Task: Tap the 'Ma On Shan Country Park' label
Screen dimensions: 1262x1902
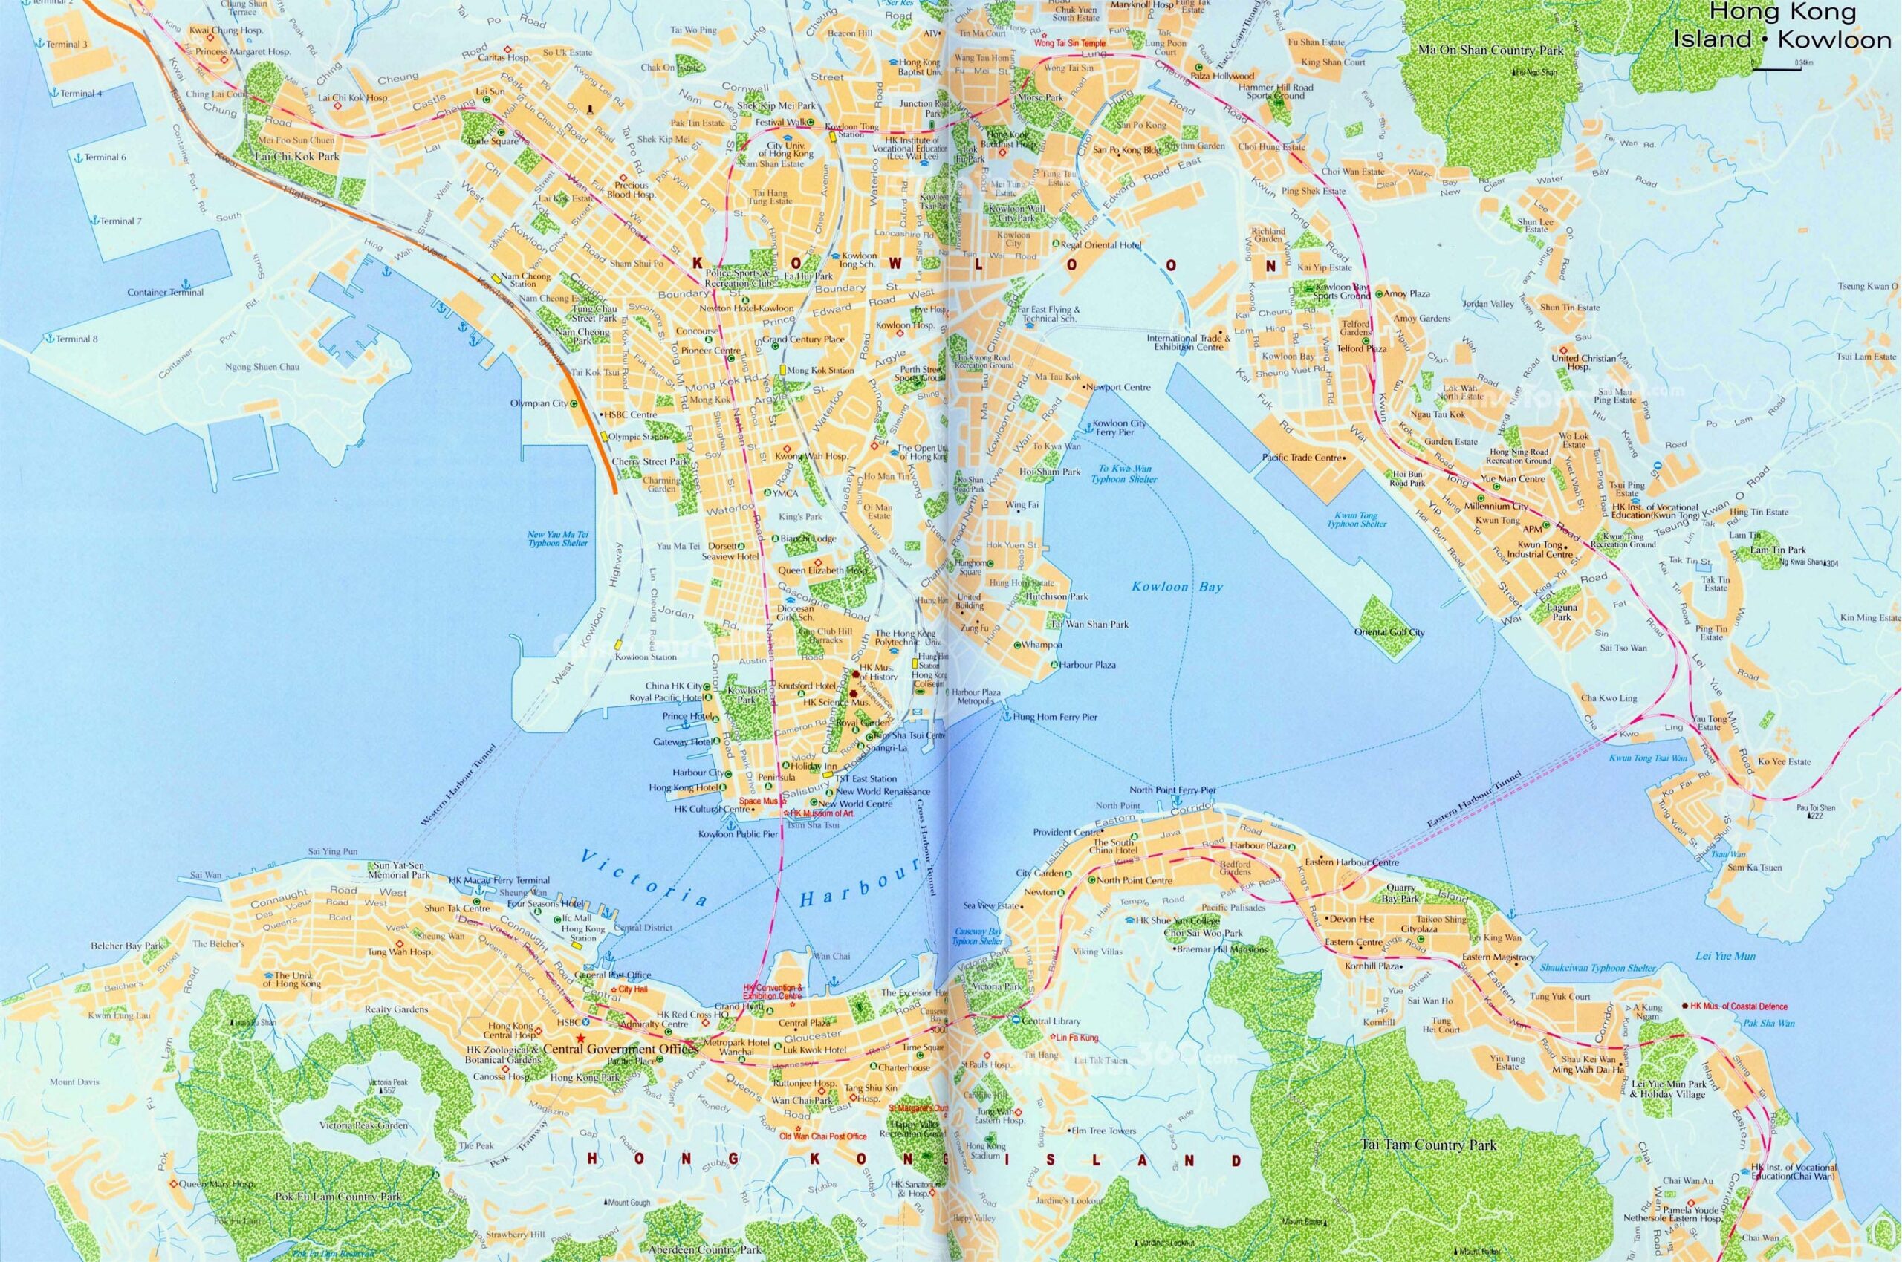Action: tap(1490, 50)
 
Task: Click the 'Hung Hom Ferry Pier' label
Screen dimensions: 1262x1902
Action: tap(1054, 716)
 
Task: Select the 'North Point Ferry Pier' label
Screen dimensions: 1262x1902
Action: tap(1172, 790)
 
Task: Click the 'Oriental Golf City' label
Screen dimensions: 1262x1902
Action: tap(1389, 632)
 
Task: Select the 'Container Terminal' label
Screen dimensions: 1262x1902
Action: tap(166, 293)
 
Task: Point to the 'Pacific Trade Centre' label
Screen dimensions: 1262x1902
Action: tap(1302, 457)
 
